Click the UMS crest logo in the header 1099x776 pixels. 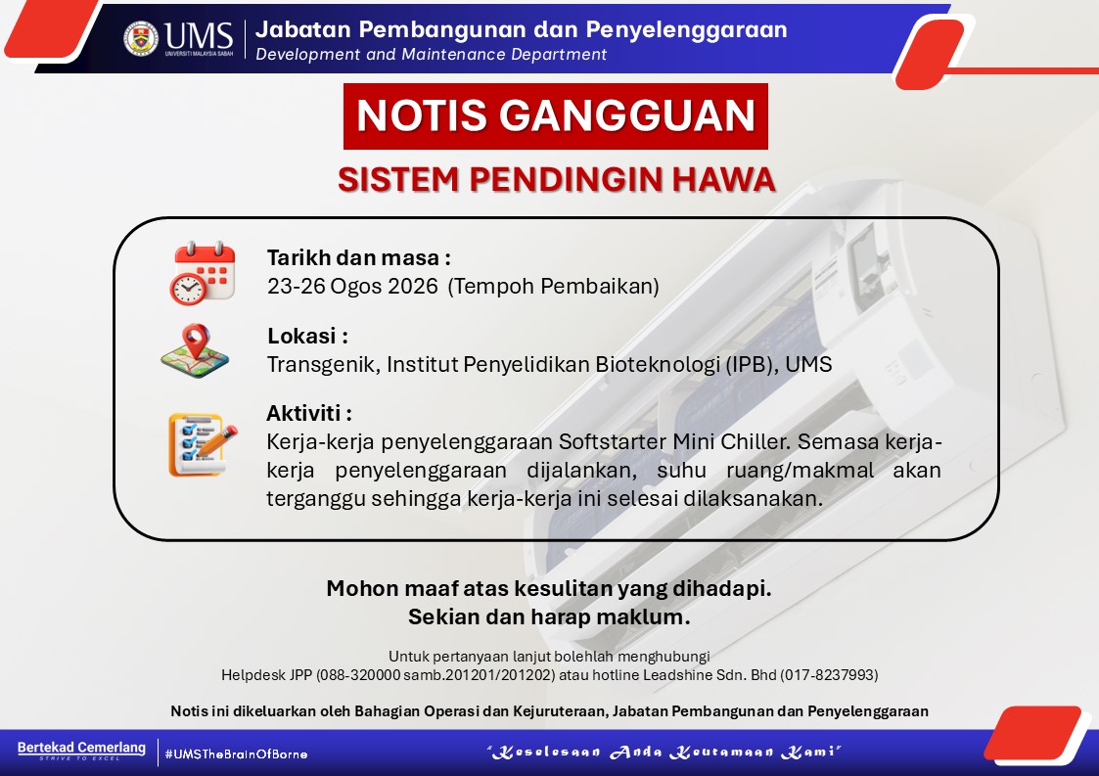point(141,38)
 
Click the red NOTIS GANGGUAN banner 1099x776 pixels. point(556,116)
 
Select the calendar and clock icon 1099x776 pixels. point(203,273)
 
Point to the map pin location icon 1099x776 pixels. point(195,350)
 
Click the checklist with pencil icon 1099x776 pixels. point(203,444)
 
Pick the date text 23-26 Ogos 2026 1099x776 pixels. point(352,286)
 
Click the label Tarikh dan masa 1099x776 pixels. point(358,258)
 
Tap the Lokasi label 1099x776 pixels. point(307,336)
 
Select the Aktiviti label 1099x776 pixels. point(309,413)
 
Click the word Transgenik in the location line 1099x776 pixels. point(324,365)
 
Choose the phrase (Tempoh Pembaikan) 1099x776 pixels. point(553,286)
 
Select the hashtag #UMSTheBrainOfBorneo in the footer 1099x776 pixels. point(236,754)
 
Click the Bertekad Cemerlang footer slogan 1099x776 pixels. point(81,748)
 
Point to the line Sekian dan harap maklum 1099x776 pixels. point(550,616)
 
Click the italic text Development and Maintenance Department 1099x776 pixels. point(431,55)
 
